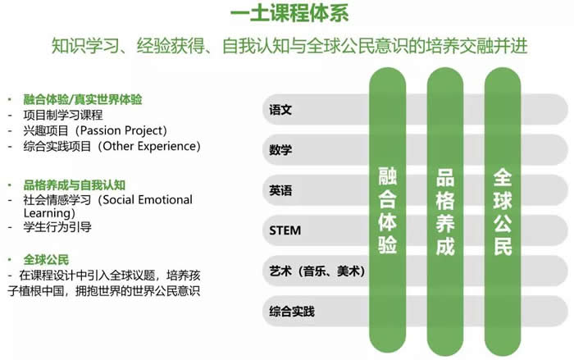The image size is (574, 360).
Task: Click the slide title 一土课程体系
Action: coord(289,13)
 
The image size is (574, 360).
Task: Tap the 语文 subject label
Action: coord(280,110)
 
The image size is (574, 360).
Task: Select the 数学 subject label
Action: coord(280,150)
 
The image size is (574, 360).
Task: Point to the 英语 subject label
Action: coord(280,190)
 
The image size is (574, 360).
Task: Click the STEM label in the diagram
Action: coord(285,230)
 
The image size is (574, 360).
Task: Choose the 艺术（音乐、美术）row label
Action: coord(317,271)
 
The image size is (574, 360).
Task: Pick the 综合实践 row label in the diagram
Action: coord(292,312)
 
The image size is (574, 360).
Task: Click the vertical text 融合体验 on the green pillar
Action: coord(387,210)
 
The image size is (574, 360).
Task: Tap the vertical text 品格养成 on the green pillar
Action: coord(445,212)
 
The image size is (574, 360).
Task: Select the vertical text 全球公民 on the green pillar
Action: coord(503,212)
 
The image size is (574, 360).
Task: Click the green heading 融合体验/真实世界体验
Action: coord(83,99)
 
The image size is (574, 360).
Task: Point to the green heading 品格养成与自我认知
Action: coord(75,185)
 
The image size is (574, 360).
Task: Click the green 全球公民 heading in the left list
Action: coord(46,260)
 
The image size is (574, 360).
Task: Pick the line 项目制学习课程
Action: coord(63,115)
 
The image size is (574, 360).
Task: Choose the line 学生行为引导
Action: coord(57,227)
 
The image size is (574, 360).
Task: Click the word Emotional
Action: coord(165,199)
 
